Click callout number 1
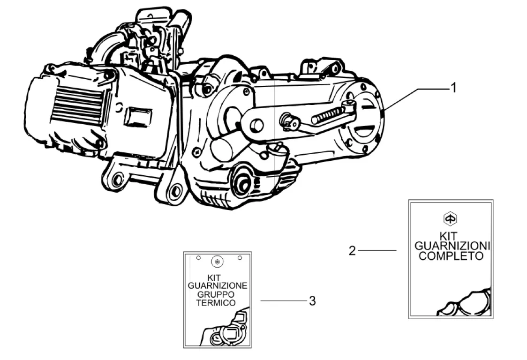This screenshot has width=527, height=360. pos(453,88)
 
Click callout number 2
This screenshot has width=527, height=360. pos(353,251)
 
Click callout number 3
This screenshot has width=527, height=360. pos(312,301)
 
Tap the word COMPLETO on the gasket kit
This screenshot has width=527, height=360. pos(451,256)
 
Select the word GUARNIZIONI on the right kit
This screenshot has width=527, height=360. pos(452,246)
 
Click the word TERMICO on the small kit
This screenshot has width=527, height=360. pos(216,303)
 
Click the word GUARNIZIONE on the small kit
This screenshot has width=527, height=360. pos(217,285)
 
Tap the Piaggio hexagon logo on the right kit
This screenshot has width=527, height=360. pos(450,218)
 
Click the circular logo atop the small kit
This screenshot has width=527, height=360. pos(217,261)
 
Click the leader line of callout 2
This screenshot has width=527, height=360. pos(377,251)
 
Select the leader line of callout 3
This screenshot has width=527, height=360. pos(282,301)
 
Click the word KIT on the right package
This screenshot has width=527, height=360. pos(450,235)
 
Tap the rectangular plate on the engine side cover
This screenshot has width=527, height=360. pos(137,117)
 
